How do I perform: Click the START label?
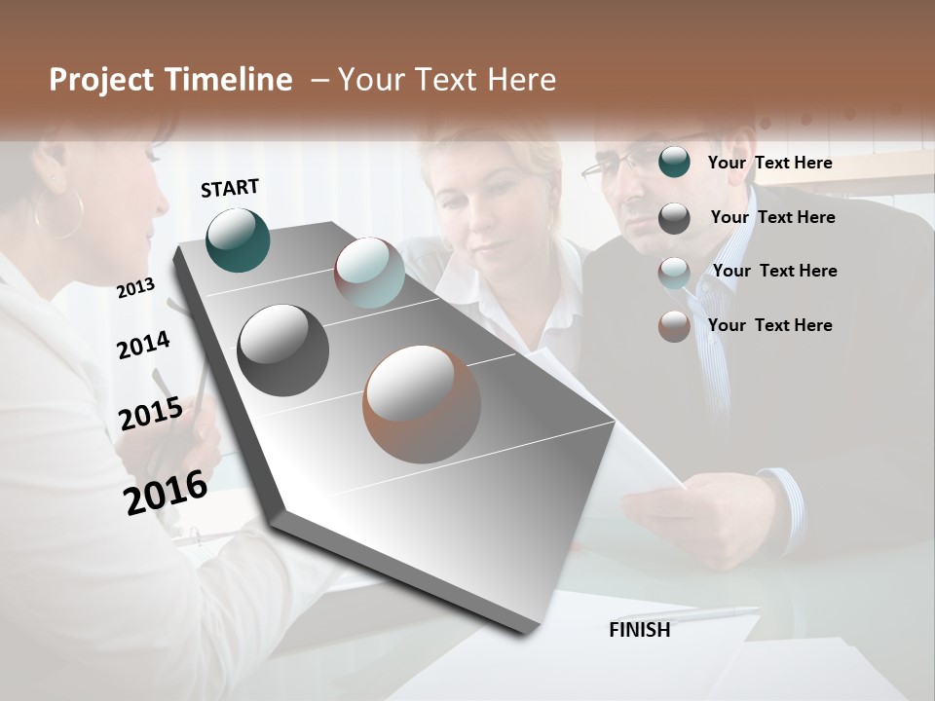coord(230,188)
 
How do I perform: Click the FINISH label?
coord(639,630)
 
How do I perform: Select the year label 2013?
coord(135,287)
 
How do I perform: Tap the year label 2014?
coord(143,345)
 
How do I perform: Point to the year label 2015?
coord(150,414)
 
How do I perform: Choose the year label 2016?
coord(166,492)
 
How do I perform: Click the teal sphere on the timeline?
coord(238,240)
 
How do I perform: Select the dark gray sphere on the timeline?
coord(282,350)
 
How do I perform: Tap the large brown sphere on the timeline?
coord(422,404)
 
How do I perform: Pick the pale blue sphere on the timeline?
coord(369,273)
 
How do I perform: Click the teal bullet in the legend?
coord(674,163)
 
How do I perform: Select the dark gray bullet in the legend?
coord(674,218)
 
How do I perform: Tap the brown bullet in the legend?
coord(674,326)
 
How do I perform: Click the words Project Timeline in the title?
coord(170,80)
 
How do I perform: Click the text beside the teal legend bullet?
coord(769,163)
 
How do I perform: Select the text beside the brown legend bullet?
coord(769,325)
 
